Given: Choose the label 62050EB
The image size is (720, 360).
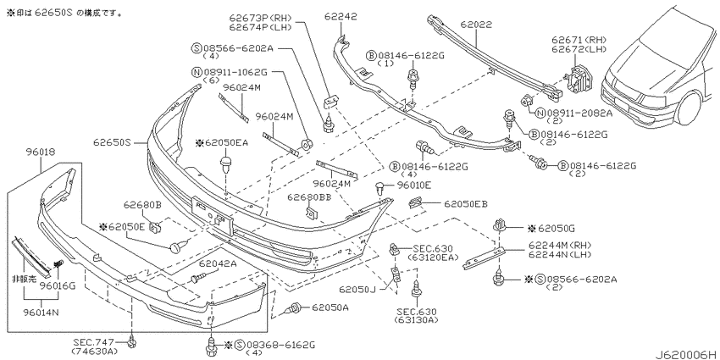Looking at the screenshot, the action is point(466,203).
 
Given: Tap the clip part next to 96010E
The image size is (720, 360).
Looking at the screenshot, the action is point(380,188).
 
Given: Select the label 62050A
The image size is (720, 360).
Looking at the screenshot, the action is point(330,307).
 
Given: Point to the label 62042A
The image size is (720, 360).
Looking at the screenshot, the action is point(217,263).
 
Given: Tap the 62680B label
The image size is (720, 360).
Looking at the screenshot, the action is point(142,204).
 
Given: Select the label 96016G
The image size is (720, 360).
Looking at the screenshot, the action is point(57,286).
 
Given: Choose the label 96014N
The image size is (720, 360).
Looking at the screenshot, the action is point(42,313).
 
